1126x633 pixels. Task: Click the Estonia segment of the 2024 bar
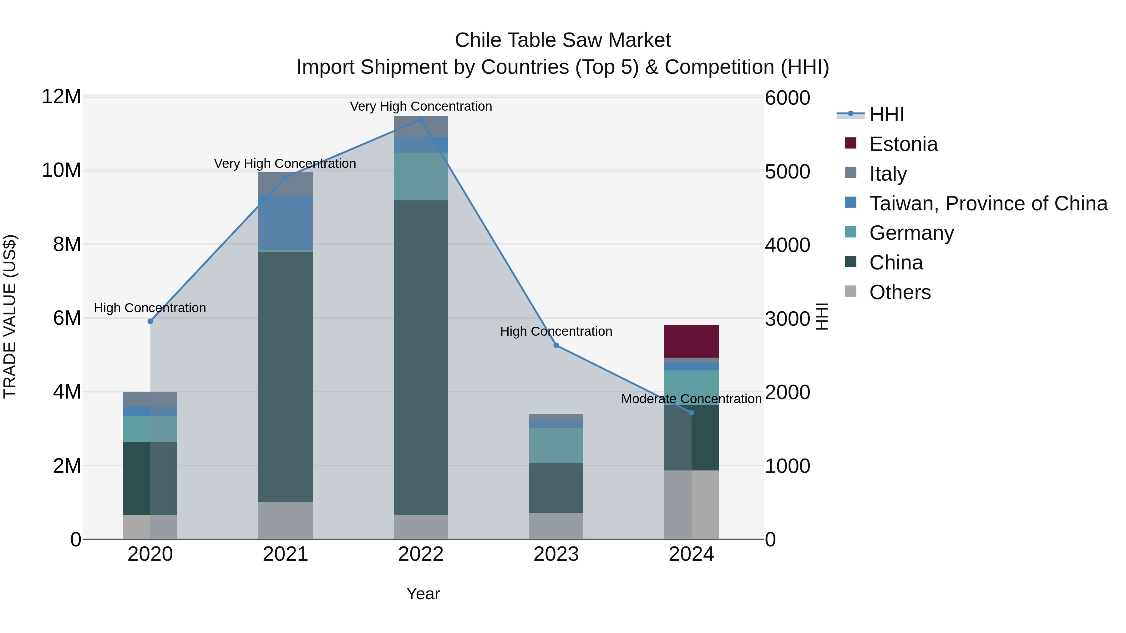click(691, 341)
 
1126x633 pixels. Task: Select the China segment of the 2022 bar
click(420, 357)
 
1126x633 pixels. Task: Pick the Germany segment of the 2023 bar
click(556, 445)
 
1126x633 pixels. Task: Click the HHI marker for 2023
click(556, 345)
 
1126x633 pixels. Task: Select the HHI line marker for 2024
click(691, 412)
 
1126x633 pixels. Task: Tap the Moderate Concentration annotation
click(691, 399)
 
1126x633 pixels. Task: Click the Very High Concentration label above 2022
click(420, 106)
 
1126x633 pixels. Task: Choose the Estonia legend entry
click(903, 144)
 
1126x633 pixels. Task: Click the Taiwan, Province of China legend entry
click(988, 203)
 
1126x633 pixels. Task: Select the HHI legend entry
click(886, 114)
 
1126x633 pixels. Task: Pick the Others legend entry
click(900, 292)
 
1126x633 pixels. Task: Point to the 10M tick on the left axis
click(61, 170)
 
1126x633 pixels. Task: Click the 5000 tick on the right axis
click(787, 171)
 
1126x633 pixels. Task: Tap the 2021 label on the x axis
click(286, 554)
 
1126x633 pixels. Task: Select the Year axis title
click(423, 594)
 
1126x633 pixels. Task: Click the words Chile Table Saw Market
click(563, 40)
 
